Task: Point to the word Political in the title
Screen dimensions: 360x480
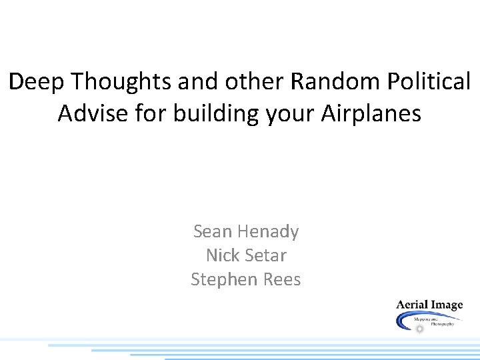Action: tap(431, 82)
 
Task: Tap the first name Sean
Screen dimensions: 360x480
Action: tap(212, 232)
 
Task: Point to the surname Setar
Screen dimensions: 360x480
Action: tap(265, 255)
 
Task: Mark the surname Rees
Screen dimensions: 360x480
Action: tap(281, 279)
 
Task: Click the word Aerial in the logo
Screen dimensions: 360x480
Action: tap(411, 305)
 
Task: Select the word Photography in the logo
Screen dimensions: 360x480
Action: tap(443, 323)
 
